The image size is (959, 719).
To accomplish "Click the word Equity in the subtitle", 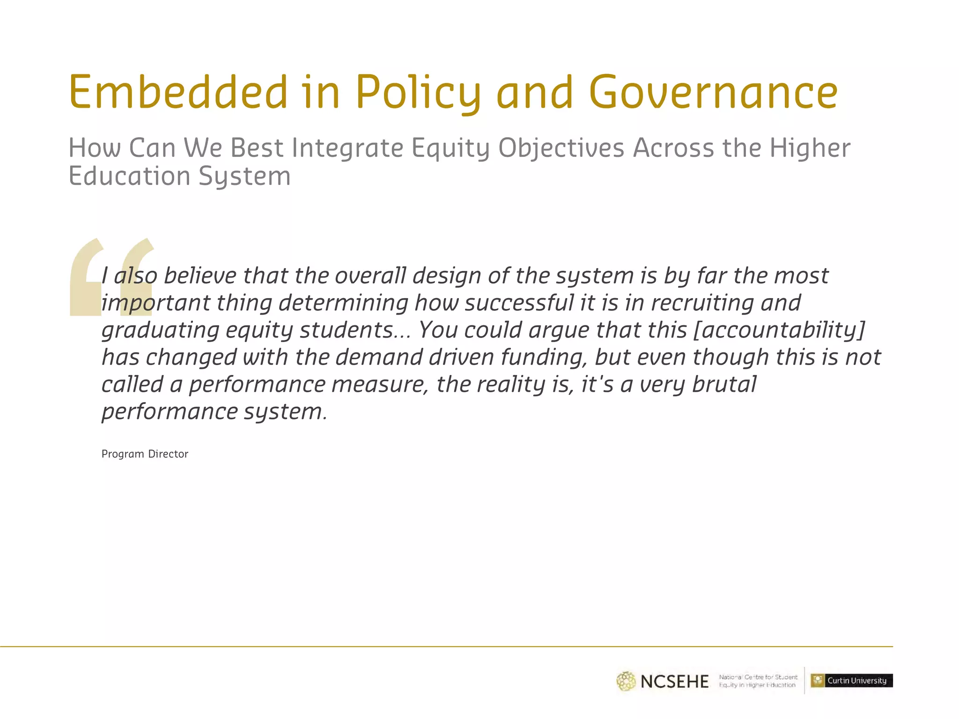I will (450, 148).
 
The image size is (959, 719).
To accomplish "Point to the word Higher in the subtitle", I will (810, 148).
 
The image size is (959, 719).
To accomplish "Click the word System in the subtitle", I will (244, 177).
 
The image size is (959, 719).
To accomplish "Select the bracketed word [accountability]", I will (779, 330).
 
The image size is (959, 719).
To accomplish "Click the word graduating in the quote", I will (160, 331).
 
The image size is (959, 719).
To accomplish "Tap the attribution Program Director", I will (145, 454).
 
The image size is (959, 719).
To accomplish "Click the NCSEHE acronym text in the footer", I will (674, 682).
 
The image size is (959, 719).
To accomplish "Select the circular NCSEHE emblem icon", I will (626, 682).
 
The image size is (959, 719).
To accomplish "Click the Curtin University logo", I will (851, 681).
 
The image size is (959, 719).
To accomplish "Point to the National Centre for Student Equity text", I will (758, 681).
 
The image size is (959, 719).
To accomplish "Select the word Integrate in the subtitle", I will (347, 148).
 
